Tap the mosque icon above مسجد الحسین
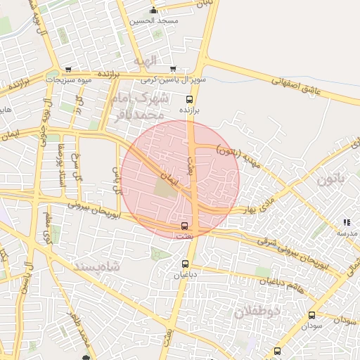point(154,10)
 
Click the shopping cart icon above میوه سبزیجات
point(67,70)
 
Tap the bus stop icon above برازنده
point(188,100)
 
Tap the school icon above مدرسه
point(347,222)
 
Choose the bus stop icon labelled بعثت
point(184,226)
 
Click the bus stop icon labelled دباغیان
point(181,264)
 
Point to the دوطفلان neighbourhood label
point(257,310)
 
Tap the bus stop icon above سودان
point(312,316)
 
